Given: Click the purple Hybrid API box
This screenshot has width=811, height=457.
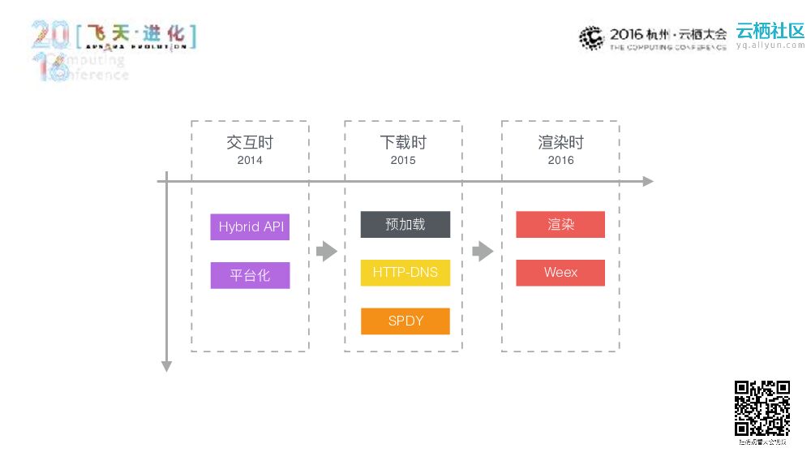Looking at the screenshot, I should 250,227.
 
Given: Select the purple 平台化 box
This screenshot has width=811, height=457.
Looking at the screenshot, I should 250,275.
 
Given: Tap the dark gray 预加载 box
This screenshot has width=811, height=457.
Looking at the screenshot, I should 405,224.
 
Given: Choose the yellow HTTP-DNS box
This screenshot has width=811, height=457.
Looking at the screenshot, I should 405,272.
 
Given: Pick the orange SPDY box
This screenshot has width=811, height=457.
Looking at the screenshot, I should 405,321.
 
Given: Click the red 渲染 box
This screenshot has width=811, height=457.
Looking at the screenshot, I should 560,225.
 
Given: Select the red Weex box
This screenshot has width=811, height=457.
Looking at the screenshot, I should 560,273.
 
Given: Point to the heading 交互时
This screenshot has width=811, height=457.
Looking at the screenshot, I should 250,143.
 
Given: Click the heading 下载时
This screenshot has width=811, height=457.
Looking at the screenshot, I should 403,143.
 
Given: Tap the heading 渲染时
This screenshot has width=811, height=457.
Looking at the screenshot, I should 560,143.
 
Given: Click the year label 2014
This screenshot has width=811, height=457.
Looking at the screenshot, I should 250,161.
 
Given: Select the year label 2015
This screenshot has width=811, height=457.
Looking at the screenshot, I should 403,161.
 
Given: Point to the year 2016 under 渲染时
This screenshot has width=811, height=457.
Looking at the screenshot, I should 560,161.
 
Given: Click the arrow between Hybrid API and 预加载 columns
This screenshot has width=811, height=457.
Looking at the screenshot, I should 327,252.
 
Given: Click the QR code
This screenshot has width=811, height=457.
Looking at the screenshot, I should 762,408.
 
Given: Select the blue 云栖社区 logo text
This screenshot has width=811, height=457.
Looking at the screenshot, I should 770,31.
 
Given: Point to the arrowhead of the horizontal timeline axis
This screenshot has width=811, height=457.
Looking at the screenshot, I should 648,181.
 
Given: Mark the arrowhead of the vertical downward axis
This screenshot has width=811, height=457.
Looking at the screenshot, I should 167,367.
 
